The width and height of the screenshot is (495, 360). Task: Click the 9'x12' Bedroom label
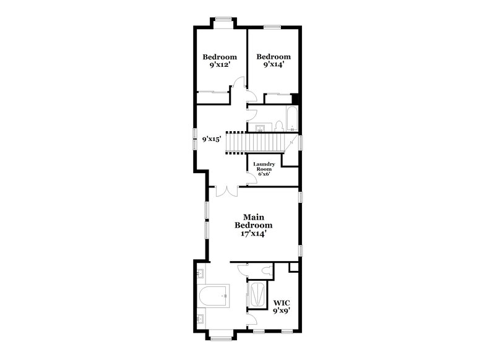pyautogui.click(x=220, y=61)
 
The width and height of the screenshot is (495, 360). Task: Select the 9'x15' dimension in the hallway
pyautogui.click(x=212, y=139)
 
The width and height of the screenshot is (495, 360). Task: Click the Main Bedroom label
pyautogui.click(x=254, y=226)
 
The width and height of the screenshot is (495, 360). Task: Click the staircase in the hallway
pyautogui.click(x=254, y=144)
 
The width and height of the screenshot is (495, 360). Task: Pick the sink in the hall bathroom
pyautogui.click(x=259, y=128)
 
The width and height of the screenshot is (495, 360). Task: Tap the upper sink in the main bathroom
pyautogui.click(x=200, y=273)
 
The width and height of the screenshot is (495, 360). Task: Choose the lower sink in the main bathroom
pyautogui.click(x=200, y=320)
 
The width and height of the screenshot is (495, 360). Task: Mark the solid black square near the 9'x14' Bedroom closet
pyautogui.click(x=296, y=98)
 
